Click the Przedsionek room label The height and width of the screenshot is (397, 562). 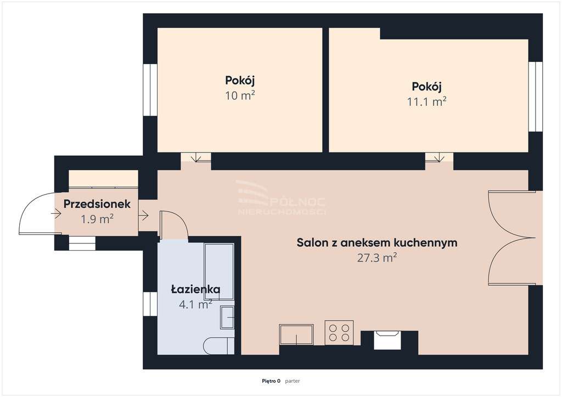click(x=97, y=204)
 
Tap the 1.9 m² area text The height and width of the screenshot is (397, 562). click(x=97, y=219)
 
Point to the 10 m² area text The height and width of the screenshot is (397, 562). click(x=240, y=95)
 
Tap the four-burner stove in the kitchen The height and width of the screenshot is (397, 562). click(x=339, y=332)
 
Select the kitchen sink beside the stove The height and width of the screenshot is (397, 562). click(x=296, y=334)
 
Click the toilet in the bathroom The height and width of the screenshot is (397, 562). click(x=218, y=346)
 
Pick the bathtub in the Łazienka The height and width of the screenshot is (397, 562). click(x=219, y=271)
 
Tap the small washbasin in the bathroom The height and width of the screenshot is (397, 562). click(x=227, y=317)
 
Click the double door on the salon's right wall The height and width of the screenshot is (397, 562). click(x=512, y=238)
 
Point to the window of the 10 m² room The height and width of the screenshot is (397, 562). click(x=150, y=90)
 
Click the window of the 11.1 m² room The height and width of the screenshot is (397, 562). click(x=535, y=97)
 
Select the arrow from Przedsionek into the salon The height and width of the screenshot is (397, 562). click(x=144, y=215)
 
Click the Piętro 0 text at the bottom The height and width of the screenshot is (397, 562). click(x=271, y=381)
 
